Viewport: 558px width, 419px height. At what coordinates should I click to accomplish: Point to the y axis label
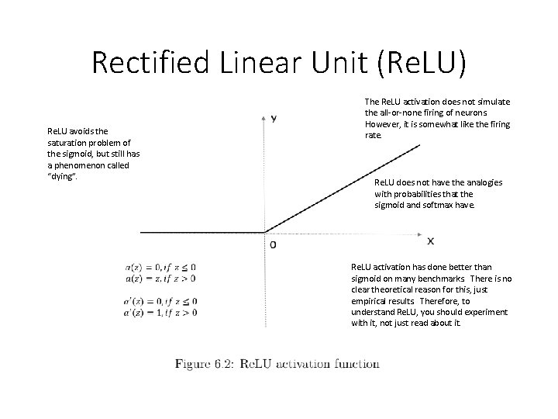(274, 118)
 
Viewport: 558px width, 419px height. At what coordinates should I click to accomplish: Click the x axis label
(430, 242)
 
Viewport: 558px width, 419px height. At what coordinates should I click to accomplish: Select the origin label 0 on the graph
(272, 244)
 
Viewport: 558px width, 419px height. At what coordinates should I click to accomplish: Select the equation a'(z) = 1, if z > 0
(160, 312)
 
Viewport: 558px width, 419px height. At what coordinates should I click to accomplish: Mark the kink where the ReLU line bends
(266, 231)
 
